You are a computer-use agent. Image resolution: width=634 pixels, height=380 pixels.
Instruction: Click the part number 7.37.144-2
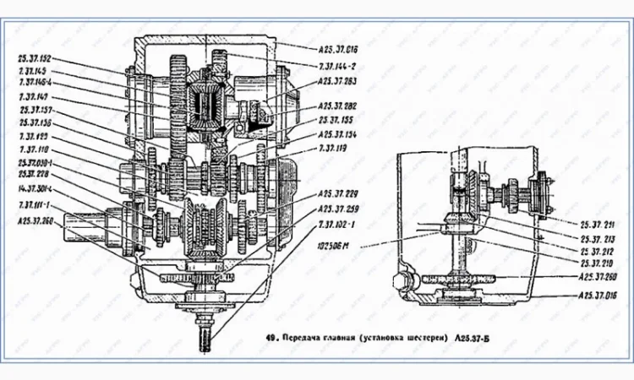coord(341,63)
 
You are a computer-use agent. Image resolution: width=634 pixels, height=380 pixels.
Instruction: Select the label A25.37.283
coord(342,81)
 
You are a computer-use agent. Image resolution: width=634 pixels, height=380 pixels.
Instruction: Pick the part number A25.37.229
coord(342,193)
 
